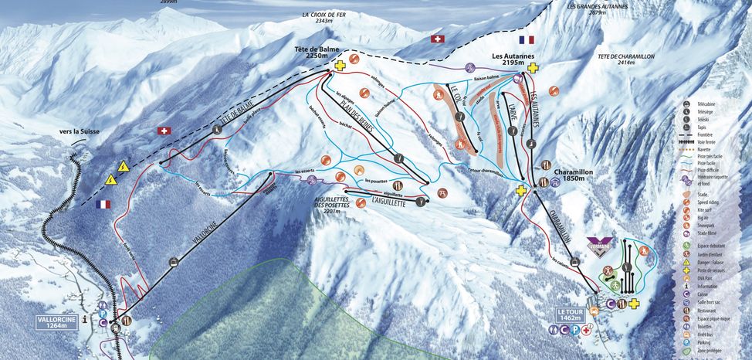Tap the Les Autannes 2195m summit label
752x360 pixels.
[x=514, y=60]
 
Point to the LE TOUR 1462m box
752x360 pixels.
[x=572, y=314]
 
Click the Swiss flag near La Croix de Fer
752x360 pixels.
[x=439, y=39]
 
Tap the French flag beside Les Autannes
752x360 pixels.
[x=527, y=39]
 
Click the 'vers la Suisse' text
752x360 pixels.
[x=80, y=132]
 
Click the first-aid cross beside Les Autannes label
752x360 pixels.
[x=534, y=68]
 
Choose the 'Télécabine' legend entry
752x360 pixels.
[x=710, y=104]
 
